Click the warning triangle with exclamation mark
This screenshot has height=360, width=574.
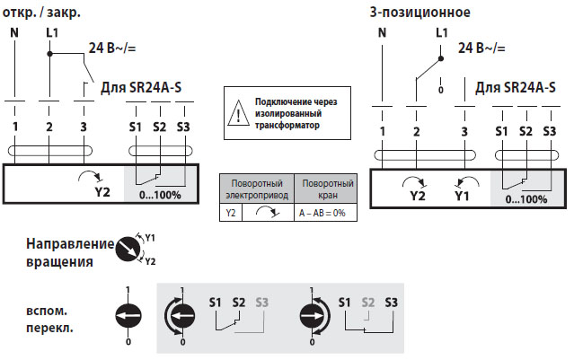(x=236, y=113)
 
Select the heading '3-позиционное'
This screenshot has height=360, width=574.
(x=421, y=12)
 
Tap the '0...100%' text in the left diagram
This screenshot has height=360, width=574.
(x=161, y=194)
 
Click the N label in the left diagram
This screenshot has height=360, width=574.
(x=15, y=33)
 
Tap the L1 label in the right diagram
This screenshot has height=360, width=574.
(x=441, y=32)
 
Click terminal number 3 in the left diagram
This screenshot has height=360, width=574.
(x=84, y=127)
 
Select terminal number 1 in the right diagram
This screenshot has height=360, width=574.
(x=383, y=132)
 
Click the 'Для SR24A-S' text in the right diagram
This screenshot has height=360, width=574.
(x=515, y=87)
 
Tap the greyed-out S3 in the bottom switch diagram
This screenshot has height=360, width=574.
(x=261, y=303)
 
